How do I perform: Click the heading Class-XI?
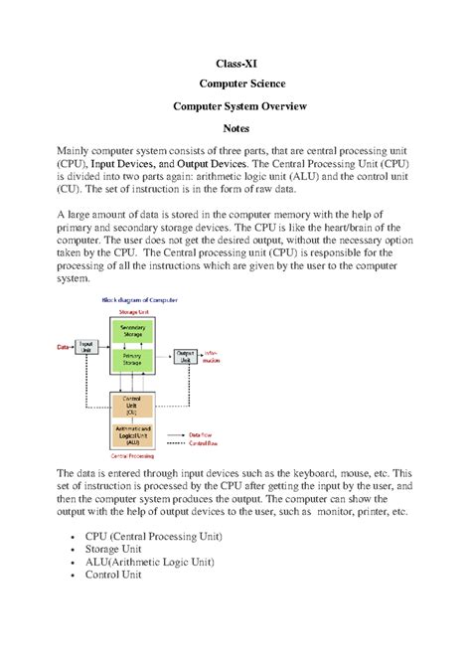235,64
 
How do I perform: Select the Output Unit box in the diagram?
185,355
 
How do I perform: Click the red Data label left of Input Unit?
64,347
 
